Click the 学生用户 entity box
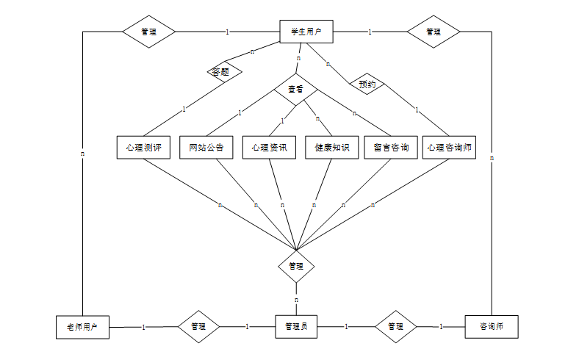point(306,32)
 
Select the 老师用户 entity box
point(82,326)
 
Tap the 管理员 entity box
point(296,326)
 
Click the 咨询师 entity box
point(492,326)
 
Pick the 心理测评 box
point(143,147)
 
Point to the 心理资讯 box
point(269,147)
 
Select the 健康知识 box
point(331,147)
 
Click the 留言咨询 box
point(391,147)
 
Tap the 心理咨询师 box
point(450,147)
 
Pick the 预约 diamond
point(367,84)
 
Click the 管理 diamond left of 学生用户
point(148,32)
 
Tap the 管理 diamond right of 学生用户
point(434,32)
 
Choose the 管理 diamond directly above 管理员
point(296,266)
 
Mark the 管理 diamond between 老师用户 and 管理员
point(198,326)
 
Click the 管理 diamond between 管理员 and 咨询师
point(395,326)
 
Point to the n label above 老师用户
point(82,154)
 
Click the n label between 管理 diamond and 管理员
point(296,300)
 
